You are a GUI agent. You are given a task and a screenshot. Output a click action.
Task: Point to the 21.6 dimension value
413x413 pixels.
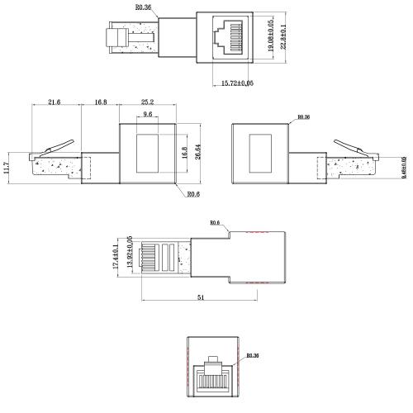pyautogui.click(x=54, y=102)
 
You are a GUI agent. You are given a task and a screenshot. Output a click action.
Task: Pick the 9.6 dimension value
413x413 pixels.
pyautogui.click(x=148, y=115)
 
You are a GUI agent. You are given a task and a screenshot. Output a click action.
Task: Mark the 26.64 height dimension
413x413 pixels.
pyautogui.click(x=196, y=150)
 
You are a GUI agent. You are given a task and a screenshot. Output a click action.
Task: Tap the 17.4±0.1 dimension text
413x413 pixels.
pyautogui.click(x=116, y=255)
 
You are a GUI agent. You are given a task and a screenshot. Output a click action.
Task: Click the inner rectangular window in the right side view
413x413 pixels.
pyautogui.click(x=260, y=150)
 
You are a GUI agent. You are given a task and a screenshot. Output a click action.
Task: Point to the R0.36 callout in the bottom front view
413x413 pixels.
pyautogui.click(x=254, y=356)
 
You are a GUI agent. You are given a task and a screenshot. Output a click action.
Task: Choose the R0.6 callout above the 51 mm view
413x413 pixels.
pyautogui.click(x=215, y=222)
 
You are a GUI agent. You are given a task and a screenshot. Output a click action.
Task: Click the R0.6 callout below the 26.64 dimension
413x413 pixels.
pyautogui.click(x=192, y=194)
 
